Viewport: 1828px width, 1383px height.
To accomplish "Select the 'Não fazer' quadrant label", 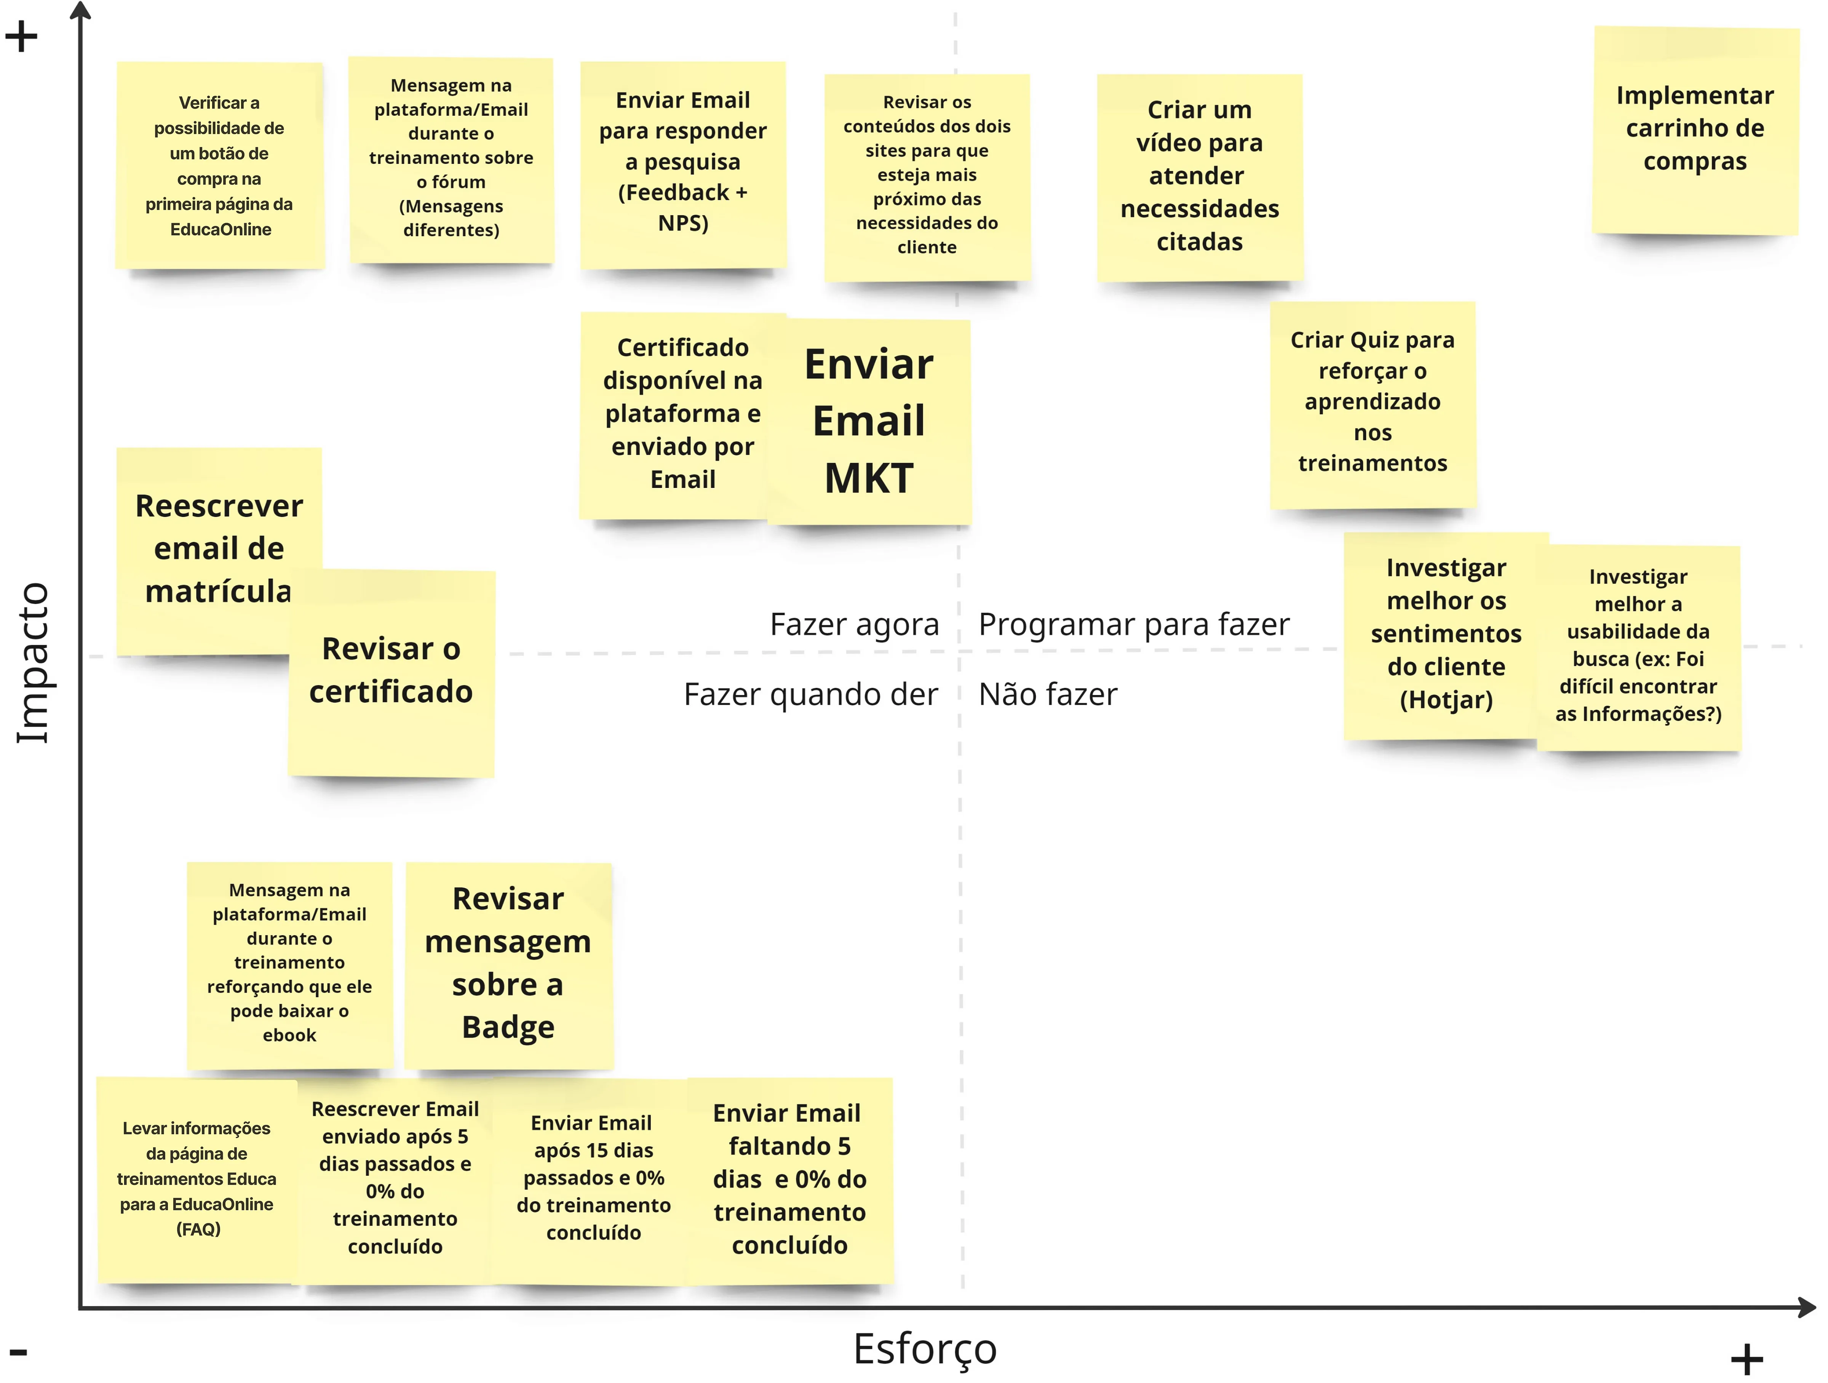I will pos(1047,694).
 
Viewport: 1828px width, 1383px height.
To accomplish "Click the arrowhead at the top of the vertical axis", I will pos(80,10).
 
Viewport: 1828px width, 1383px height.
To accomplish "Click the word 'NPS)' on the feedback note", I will pos(682,223).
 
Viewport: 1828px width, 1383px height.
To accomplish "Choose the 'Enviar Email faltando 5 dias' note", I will pos(789,1180).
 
